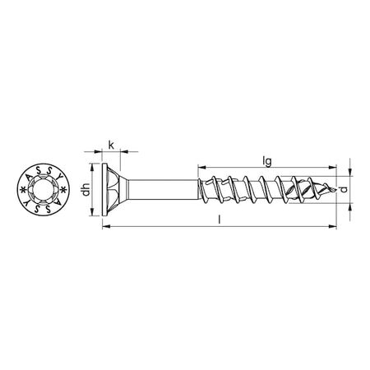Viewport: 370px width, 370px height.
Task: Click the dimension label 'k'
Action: pyautogui.click(x=111, y=145)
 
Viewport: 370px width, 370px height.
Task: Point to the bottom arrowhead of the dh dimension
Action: pyautogui.click(x=90, y=215)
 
